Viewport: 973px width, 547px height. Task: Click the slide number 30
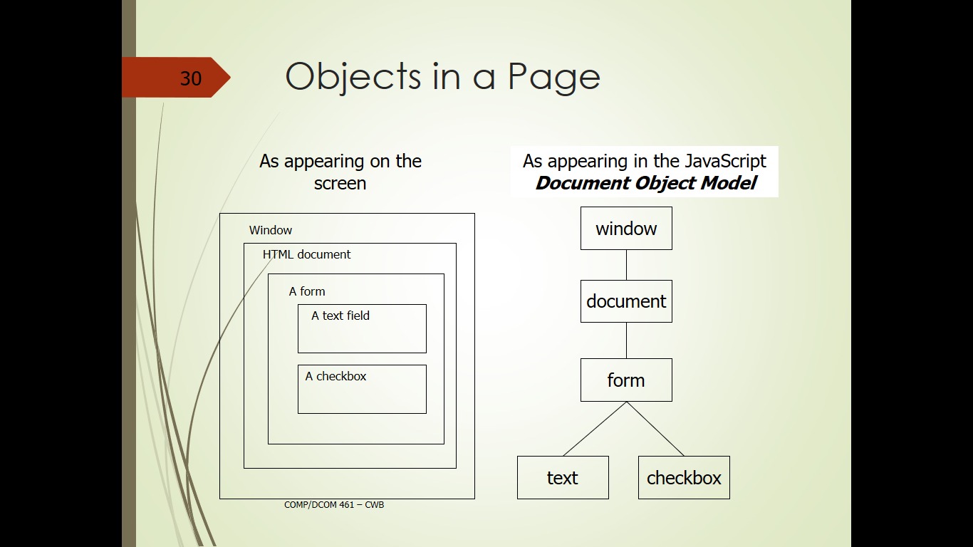click(191, 78)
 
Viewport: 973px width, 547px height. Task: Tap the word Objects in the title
click(353, 76)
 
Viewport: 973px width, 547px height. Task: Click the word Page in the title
click(554, 78)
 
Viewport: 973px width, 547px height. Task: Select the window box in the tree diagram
click(626, 228)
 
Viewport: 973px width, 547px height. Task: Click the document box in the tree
click(626, 301)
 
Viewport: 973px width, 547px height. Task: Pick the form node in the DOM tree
click(626, 380)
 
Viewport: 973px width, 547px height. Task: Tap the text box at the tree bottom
click(563, 477)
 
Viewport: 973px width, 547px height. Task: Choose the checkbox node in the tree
click(684, 477)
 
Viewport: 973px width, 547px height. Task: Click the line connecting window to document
click(626, 265)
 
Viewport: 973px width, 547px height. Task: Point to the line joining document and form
click(626, 340)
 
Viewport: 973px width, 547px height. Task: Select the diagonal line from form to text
click(595, 429)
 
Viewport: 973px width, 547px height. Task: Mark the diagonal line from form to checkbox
click(655, 429)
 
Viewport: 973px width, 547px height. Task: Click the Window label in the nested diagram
click(270, 230)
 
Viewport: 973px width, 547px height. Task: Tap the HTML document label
click(307, 254)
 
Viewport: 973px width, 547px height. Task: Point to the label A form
click(307, 291)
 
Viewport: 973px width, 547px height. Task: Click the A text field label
click(340, 316)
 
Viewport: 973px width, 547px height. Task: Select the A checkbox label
click(335, 376)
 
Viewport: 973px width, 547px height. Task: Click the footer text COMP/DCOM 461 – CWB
click(334, 505)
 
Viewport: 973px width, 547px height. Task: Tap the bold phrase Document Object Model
click(646, 183)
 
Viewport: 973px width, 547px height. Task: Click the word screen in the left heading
click(340, 184)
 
